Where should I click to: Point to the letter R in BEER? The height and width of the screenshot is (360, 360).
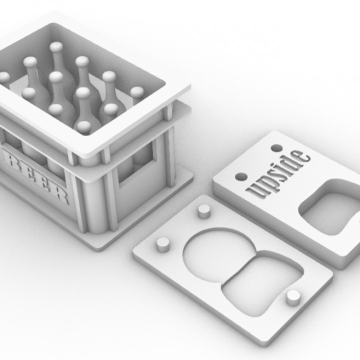61,195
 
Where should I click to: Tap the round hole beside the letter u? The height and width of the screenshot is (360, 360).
241,177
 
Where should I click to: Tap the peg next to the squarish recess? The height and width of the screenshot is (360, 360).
292,297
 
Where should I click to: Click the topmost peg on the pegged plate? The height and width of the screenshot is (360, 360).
203,211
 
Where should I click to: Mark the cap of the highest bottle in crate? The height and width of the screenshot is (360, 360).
56,47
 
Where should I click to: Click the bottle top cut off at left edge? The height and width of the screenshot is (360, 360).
3,78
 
